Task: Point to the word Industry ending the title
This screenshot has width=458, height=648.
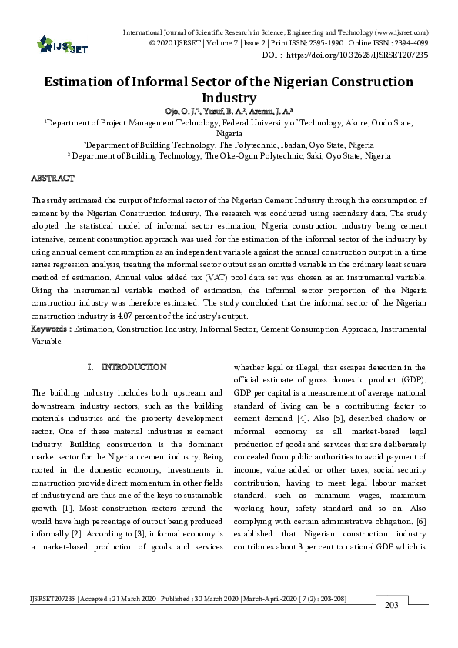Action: [x=229, y=98]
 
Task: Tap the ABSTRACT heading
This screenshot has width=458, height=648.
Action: [x=52, y=178]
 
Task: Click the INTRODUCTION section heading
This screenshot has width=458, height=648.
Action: [x=133, y=367]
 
